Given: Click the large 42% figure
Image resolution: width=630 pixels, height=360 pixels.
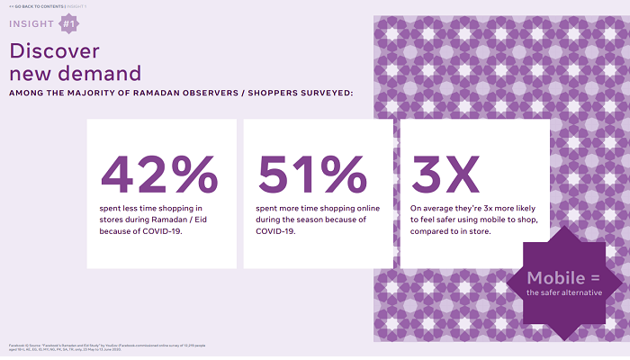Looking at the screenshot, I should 159,174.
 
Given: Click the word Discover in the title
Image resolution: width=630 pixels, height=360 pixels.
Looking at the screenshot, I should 53,50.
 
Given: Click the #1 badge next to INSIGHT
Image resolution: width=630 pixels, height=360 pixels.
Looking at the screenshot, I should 67,23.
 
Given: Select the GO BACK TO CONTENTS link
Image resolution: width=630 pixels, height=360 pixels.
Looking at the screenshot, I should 44,6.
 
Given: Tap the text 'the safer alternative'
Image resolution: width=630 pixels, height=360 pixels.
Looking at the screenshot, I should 565,293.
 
